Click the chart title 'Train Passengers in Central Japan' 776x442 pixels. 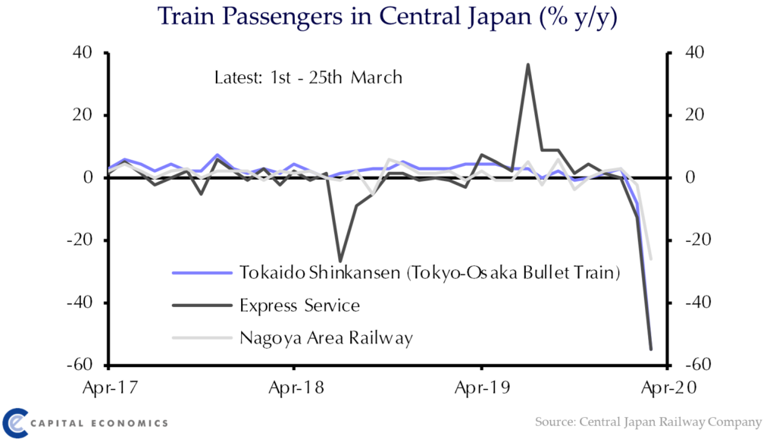tap(344, 16)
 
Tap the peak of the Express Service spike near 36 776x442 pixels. tap(528, 64)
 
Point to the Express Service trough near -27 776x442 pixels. tap(340, 261)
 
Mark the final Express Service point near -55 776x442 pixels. tap(651, 349)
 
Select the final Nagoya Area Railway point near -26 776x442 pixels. tap(651, 259)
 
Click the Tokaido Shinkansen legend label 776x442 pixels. tap(430, 273)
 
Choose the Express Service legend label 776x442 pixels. tap(299, 306)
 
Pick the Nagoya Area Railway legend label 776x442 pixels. tap(326, 339)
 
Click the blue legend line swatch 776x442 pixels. tap(202, 273)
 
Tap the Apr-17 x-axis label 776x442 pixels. tap(111, 387)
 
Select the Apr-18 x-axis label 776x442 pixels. tap(296, 387)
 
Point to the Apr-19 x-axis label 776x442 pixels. tap(482, 387)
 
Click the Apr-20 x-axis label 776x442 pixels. tap(668, 387)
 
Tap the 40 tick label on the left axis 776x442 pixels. tap(82, 52)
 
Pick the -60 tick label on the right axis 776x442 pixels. tap(698, 365)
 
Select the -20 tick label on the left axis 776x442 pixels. tap(80, 240)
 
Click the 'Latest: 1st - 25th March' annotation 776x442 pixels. tap(308, 77)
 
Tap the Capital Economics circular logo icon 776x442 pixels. tap(15, 423)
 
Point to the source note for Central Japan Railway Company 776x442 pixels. tap(649, 422)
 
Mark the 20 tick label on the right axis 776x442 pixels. tap(695, 114)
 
